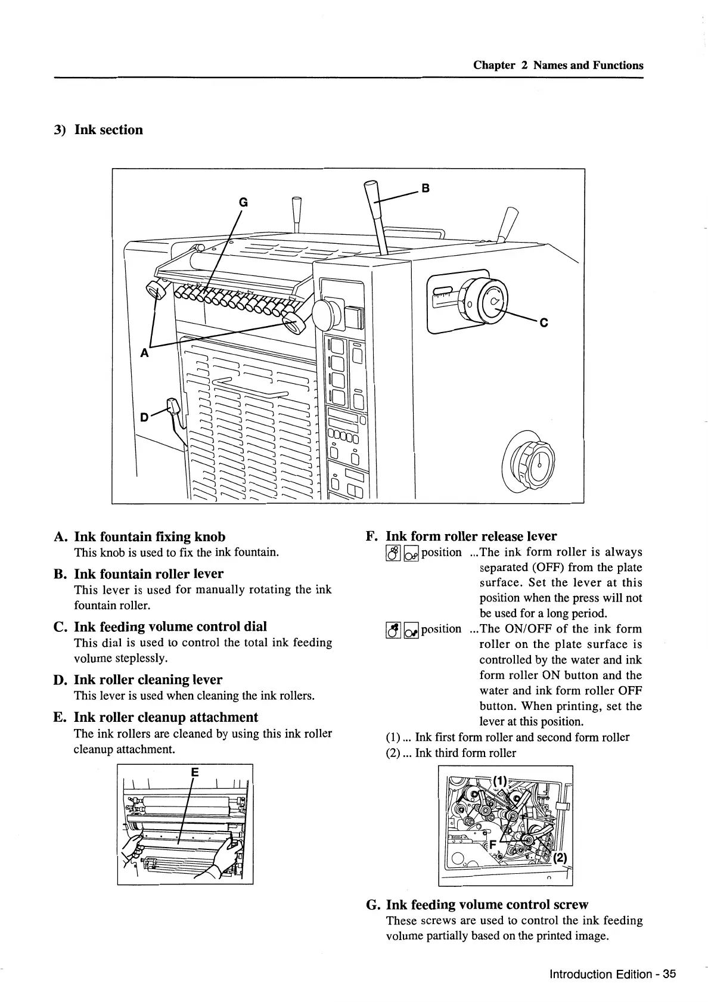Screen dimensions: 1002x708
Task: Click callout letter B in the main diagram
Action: coord(426,189)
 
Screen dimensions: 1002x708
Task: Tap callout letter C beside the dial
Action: coord(543,322)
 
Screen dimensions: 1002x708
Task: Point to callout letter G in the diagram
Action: coord(243,203)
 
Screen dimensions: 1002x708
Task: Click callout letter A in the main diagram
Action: coord(144,353)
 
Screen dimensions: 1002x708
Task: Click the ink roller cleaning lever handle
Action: coord(175,408)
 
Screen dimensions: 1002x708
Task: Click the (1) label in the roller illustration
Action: coord(499,779)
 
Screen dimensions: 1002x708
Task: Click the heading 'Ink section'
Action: coord(108,130)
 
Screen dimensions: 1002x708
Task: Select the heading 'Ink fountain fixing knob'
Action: coord(150,536)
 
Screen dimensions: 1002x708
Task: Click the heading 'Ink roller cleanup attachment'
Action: coord(166,717)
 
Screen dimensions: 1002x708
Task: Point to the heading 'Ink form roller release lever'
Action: coord(471,536)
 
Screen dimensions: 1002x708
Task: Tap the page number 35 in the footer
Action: coord(670,975)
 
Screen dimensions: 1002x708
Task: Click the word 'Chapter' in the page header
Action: coord(494,66)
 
